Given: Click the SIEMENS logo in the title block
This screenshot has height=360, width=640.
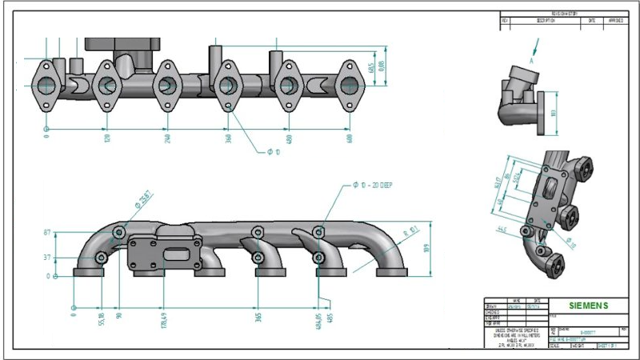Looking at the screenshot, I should click(x=588, y=306).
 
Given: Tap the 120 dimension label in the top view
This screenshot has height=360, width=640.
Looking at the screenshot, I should click(x=106, y=138).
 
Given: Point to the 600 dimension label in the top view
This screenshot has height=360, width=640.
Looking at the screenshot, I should click(x=350, y=138).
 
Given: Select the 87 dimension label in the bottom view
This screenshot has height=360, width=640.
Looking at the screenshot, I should click(x=47, y=232).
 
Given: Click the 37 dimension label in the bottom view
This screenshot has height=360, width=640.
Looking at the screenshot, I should click(x=47, y=258).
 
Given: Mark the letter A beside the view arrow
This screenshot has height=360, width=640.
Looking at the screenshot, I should click(x=530, y=61).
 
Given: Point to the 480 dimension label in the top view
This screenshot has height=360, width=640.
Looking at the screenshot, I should click(x=288, y=138).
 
